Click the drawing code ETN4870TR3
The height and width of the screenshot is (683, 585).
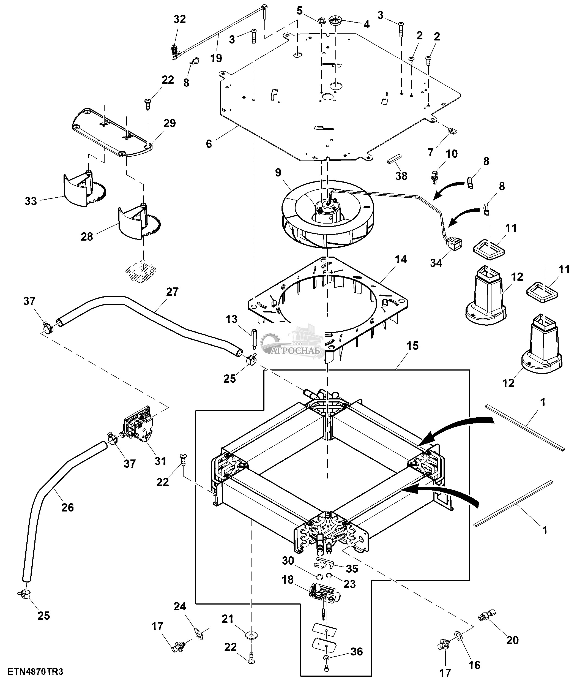coord(35,671)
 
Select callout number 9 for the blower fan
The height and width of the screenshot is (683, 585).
coord(278,172)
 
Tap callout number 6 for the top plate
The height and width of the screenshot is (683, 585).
coord(209,144)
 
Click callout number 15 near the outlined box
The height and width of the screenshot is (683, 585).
coord(412,346)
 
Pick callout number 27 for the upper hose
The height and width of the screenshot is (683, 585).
coord(172,292)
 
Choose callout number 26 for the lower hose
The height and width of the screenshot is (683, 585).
coord(67,507)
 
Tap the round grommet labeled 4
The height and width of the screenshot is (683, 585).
coord(336,19)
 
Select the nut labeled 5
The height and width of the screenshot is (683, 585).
coord(321,21)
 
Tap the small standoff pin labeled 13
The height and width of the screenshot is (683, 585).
coord(254,339)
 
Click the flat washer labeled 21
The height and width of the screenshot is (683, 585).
coord(252,635)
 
